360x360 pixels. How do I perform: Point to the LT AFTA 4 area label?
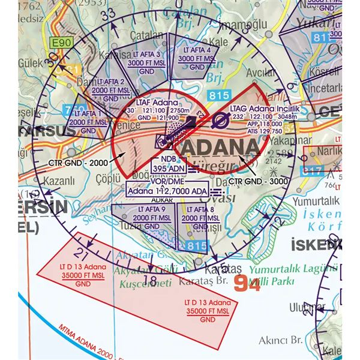(197, 55)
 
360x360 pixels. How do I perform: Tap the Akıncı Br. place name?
(280, 341)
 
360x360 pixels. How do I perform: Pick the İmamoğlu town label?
(242, 25)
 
